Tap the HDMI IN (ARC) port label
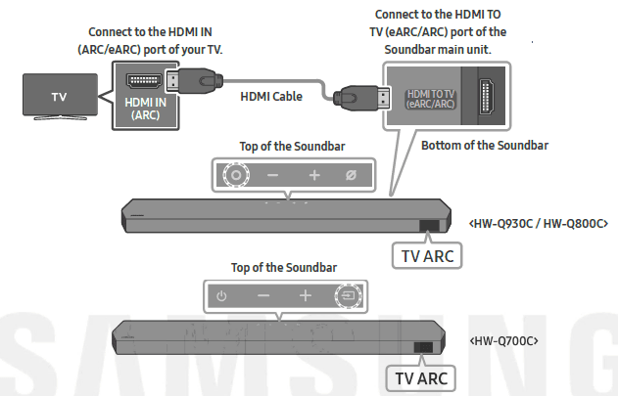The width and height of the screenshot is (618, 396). pyautogui.click(x=146, y=108)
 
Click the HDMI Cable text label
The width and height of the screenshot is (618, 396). pyautogui.click(x=271, y=97)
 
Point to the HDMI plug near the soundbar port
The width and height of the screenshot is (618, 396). pyautogui.click(x=355, y=97)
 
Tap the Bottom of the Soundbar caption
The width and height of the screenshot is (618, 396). pyautogui.click(x=484, y=146)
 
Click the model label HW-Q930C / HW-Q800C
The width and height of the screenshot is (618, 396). pyautogui.click(x=540, y=223)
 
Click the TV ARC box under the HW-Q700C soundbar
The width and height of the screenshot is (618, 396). pyautogui.click(x=419, y=376)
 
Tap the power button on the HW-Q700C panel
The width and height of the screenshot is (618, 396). pyautogui.click(x=221, y=295)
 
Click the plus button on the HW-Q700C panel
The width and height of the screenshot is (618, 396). pyautogui.click(x=305, y=295)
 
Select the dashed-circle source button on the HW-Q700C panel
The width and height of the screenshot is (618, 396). pyautogui.click(x=347, y=295)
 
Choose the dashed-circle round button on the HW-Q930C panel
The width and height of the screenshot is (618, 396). pyautogui.click(x=234, y=175)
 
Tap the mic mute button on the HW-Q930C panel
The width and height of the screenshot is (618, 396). pyautogui.click(x=350, y=175)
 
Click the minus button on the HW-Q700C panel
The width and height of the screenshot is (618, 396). pyautogui.click(x=262, y=295)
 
